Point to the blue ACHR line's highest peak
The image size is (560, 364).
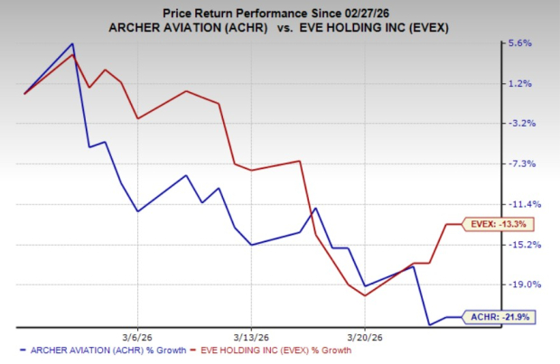tap(72, 43)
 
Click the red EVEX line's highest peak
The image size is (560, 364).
tap(73, 54)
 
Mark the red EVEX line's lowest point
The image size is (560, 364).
tap(364, 295)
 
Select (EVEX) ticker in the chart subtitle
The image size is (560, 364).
tap(432, 28)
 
